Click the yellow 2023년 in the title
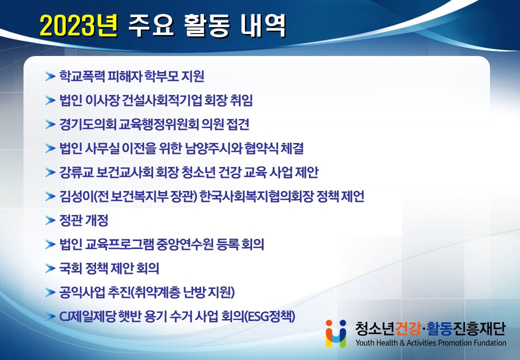[x=78, y=25]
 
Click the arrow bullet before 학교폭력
[x=50, y=76]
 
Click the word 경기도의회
[x=88, y=124]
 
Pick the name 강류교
[x=76, y=172]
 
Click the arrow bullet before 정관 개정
[x=50, y=220]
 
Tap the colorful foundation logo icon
[x=336, y=333]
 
